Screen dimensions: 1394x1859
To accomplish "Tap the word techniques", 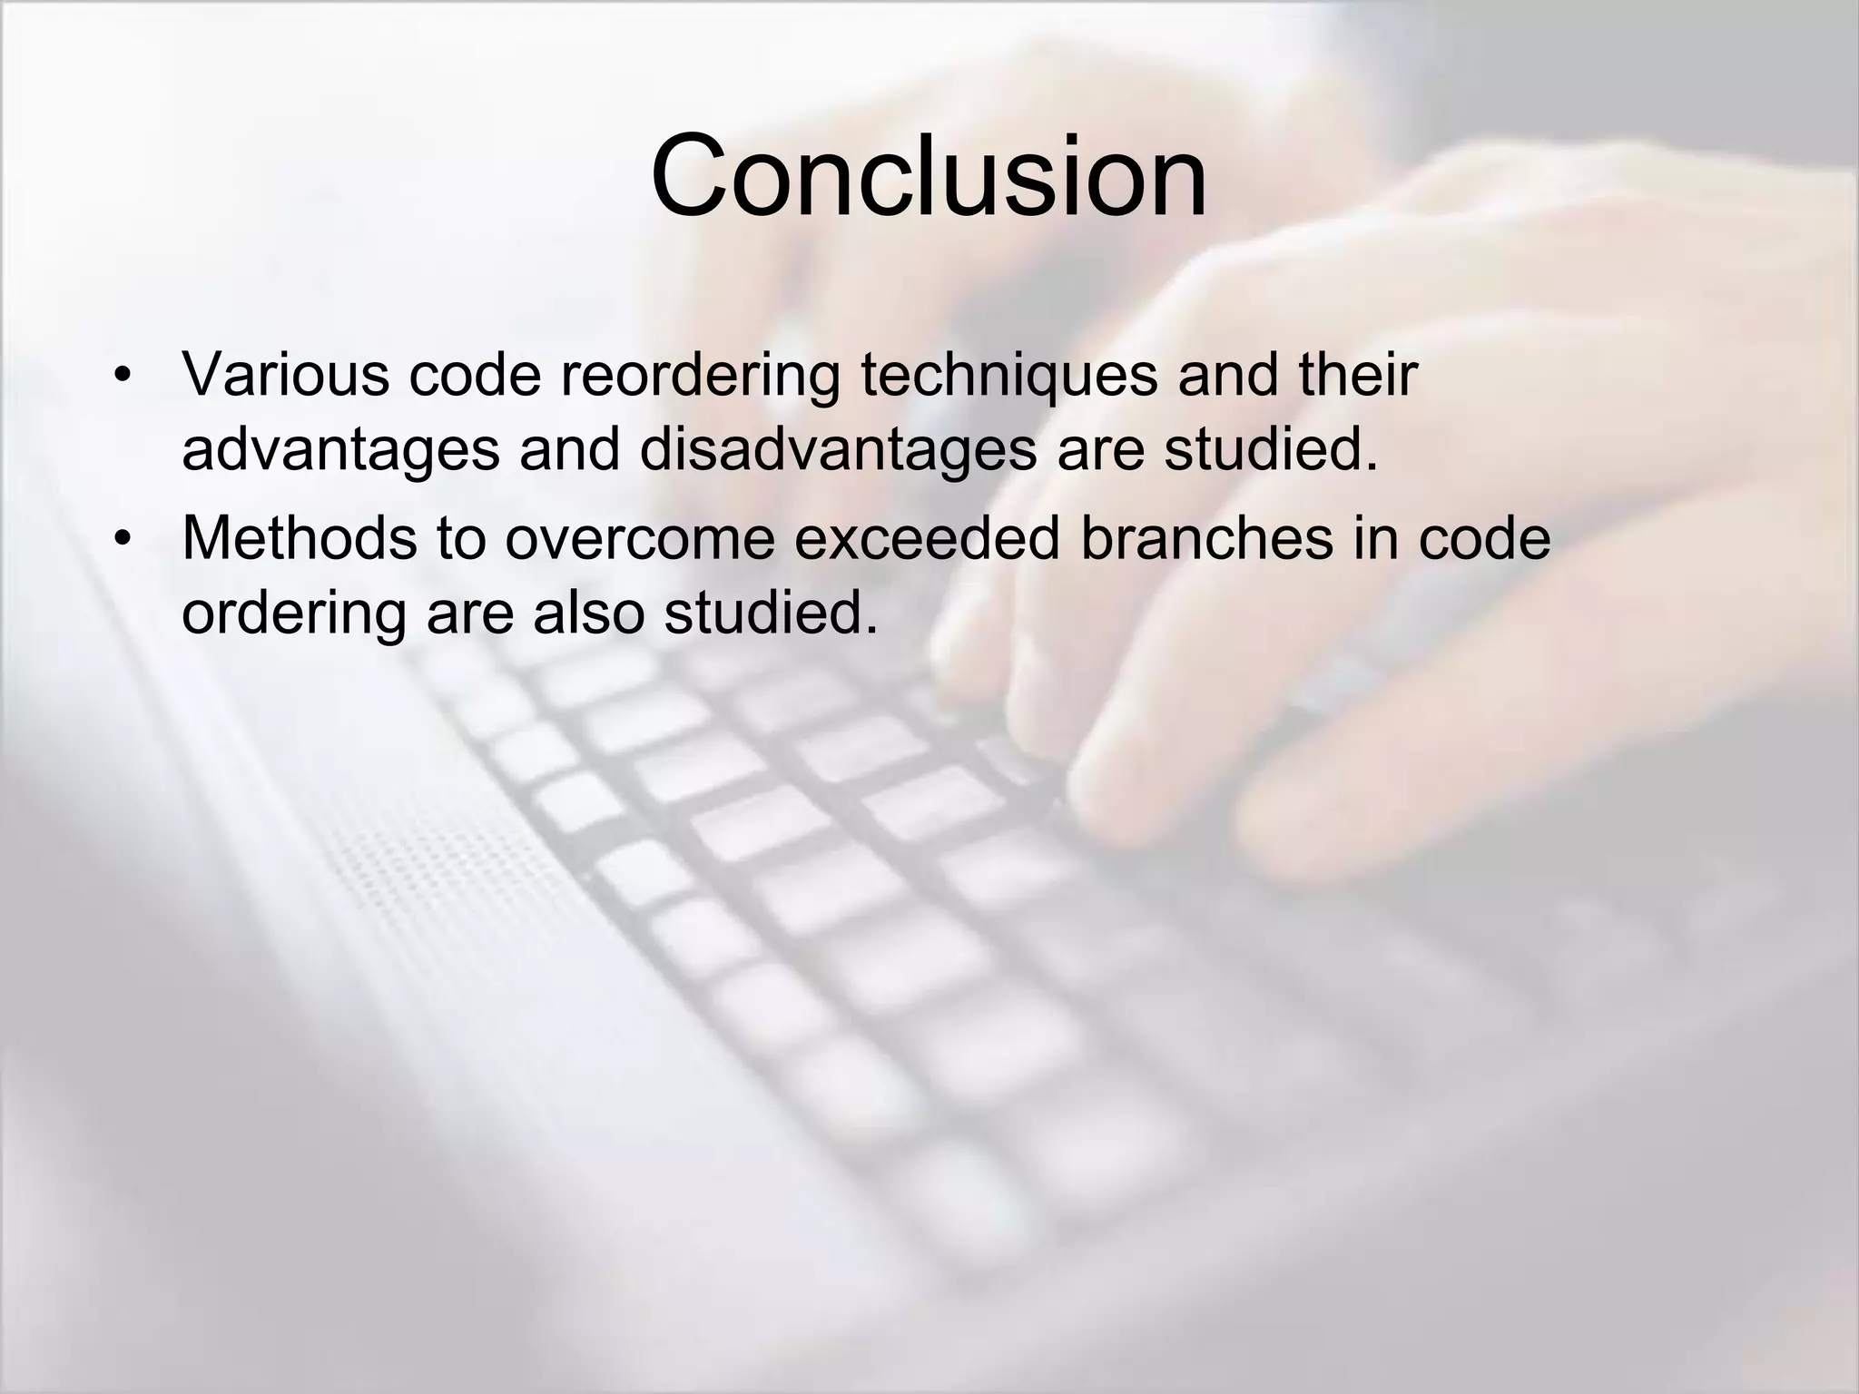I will pos(1008,374).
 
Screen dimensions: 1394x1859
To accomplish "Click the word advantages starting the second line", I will pos(340,450).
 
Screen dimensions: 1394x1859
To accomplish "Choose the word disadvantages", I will pos(837,450).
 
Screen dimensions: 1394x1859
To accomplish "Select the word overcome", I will pos(639,538).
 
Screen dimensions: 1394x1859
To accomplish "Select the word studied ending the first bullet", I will pos(1270,450).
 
